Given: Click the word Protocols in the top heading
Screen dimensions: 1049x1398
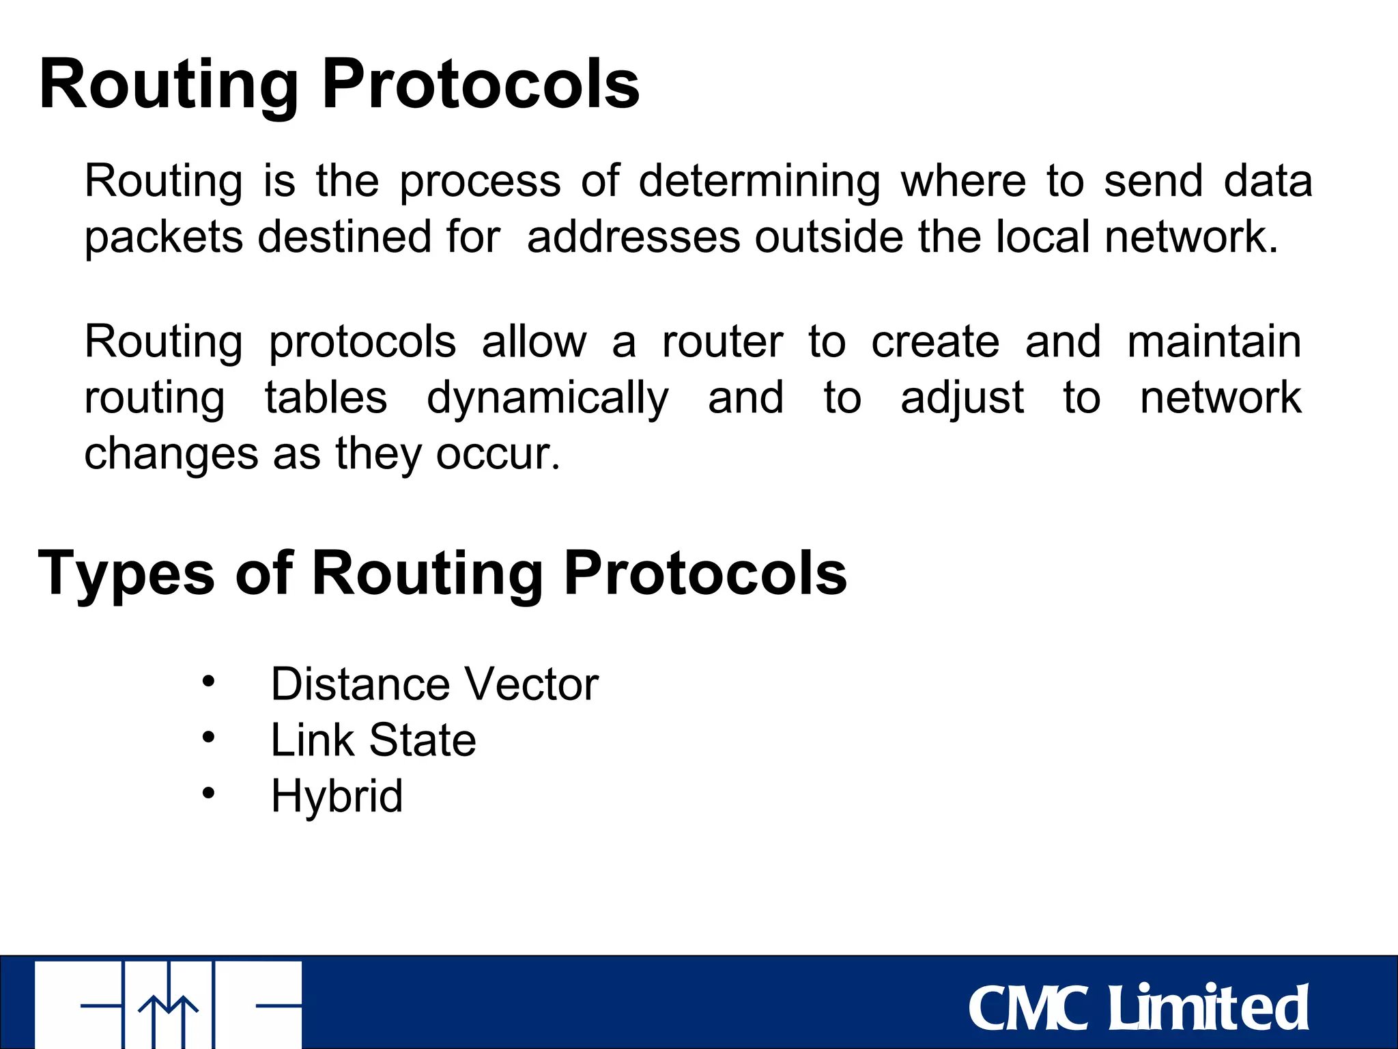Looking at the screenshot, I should [480, 85].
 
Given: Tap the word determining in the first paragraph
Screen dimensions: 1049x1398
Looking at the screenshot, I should [759, 182].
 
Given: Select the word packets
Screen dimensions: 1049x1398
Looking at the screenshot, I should [164, 238].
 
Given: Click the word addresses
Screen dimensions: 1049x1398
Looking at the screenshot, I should [633, 238].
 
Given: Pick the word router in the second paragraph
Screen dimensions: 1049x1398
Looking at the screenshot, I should [722, 341].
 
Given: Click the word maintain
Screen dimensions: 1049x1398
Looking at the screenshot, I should [1214, 341].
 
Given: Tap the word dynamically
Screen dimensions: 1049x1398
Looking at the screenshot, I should [547, 399].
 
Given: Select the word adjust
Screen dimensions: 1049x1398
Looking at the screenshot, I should [962, 399].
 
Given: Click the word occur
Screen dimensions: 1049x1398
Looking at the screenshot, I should [498, 454].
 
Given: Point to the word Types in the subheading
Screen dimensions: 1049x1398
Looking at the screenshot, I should [126, 574].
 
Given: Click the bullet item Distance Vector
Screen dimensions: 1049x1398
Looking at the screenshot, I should [434, 684].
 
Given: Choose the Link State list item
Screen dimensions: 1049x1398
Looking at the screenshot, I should [373, 740].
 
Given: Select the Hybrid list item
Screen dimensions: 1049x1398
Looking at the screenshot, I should [337, 796].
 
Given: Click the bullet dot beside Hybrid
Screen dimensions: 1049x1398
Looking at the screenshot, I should [208, 793].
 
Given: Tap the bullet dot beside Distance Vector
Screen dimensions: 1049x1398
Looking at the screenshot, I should [208, 681].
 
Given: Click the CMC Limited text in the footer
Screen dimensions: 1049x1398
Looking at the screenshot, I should [1138, 1008].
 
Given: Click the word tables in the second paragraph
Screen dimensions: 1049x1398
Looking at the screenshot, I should [326, 397].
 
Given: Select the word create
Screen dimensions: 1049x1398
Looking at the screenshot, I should [935, 341].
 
